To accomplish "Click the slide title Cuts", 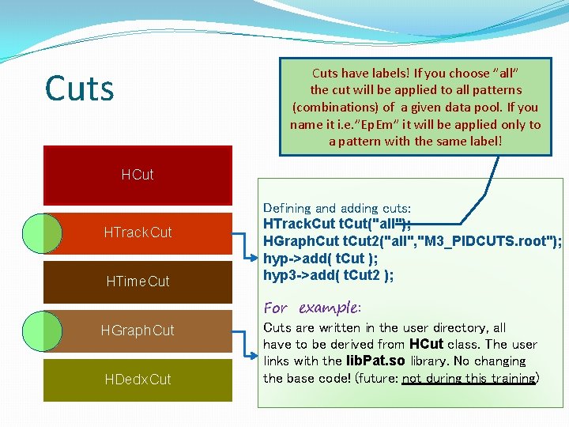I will point(79,89).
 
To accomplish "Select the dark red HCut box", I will point(138,175).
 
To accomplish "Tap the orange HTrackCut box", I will point(138,232).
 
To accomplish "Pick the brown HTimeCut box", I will point(138,282).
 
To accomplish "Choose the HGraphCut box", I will point(138,331).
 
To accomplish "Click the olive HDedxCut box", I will point(138,380).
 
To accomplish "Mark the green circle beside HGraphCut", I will point(42,331).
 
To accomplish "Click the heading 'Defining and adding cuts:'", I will point(337,209).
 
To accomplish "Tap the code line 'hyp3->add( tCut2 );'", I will point(328,275).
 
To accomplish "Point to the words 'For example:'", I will point(312,308).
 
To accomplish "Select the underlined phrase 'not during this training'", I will point(469,379).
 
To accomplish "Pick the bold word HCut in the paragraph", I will point(426,345).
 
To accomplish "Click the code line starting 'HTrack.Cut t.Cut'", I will point(337,225).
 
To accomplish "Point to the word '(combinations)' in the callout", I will point(333,108).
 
